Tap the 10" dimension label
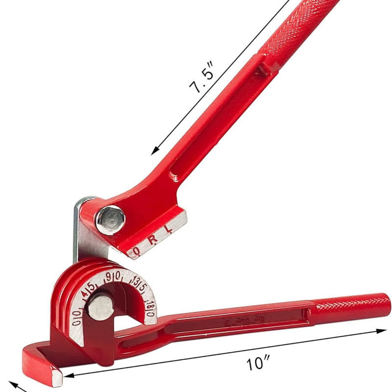coord(259,364)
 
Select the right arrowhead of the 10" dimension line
coord(383,331)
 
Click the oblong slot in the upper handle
coord(174,174)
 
